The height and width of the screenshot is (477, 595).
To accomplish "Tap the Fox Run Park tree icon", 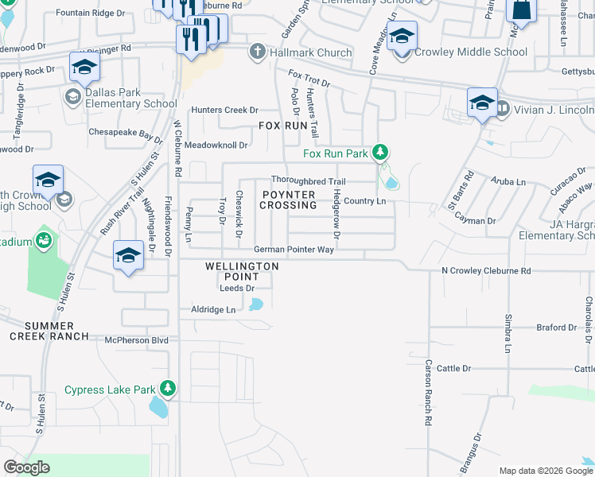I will click(380, 152).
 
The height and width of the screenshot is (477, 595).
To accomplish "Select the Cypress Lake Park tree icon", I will click(167, 389).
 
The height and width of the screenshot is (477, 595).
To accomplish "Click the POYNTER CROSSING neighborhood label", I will click(288, 200).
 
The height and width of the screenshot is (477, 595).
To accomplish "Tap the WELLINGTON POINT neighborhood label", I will click(242, 271).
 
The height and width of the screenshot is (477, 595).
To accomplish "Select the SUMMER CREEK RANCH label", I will click(49, 331).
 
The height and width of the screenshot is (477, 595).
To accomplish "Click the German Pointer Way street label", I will click(294, 250).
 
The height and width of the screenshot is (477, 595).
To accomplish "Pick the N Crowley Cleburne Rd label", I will click(486, 271).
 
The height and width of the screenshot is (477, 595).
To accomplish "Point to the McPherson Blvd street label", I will click(137, 340).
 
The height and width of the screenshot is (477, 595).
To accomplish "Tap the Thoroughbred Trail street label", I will click(309, 181).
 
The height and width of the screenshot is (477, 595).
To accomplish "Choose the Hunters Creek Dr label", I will click(224, 111).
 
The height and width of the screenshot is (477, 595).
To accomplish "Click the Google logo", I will click(26, 467).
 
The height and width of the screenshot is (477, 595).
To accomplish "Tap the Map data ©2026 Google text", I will click(545, 471).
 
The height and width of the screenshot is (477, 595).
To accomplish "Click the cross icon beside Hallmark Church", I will click(256, 52).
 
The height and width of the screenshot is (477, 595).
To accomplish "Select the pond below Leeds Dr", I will click(255, 304).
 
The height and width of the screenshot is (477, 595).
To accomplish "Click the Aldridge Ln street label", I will click(213, 309).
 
